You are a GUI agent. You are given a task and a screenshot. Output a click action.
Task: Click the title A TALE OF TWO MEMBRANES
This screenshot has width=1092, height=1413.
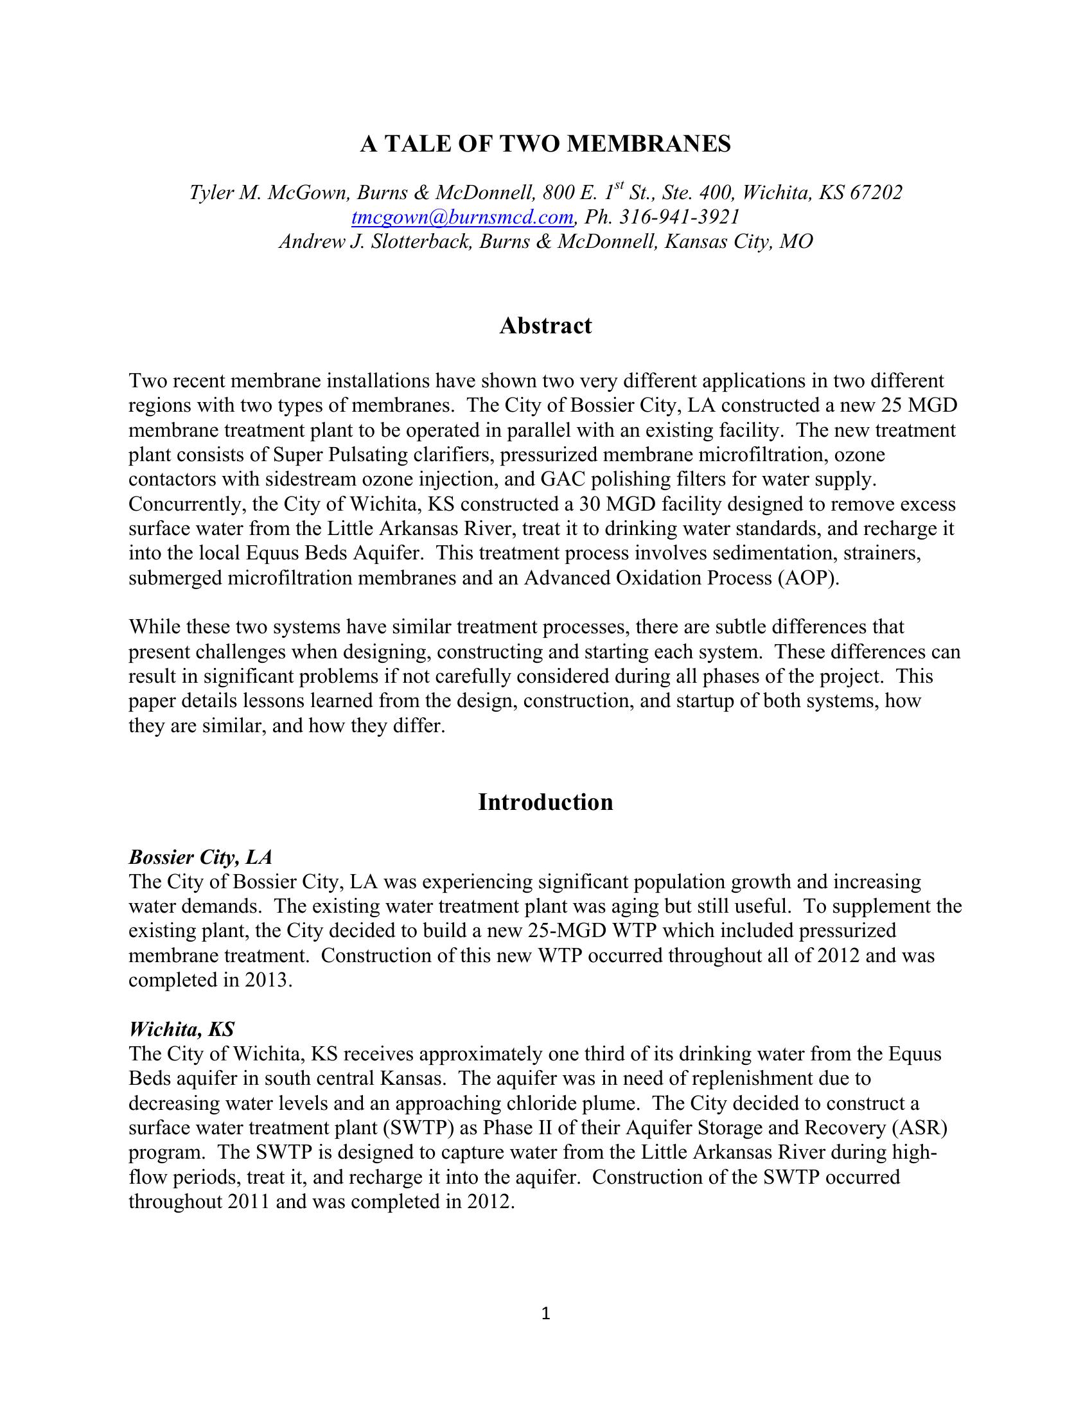[x=545, y=144]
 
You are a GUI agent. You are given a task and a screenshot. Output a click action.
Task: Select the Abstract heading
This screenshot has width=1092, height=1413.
[x=545, y=326]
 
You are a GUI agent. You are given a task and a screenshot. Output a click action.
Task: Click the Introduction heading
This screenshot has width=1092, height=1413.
[x=545, y=802]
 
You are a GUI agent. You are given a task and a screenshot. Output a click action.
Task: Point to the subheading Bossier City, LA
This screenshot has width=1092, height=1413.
[x=200, y=857]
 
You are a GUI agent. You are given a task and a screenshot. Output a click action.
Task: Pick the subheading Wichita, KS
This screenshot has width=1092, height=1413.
[x=182, y=1030]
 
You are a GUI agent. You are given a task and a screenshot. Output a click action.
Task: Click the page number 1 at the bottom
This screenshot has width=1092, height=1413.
[x=545, y=1313]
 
